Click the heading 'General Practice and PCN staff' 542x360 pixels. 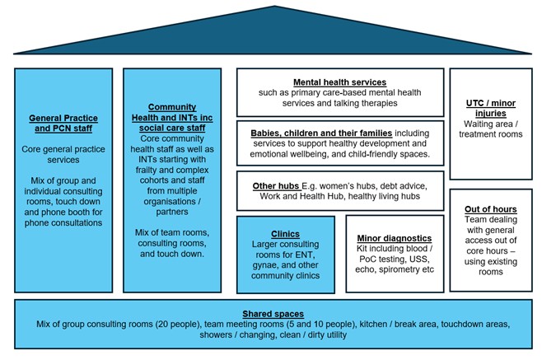(x=63, y=123)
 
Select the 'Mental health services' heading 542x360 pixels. (x=339, y=82)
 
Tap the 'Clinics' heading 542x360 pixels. (x=285, y=234)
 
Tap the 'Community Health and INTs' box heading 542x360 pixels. (x=171, y=118)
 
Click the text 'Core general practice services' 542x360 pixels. (x=63, y=157)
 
